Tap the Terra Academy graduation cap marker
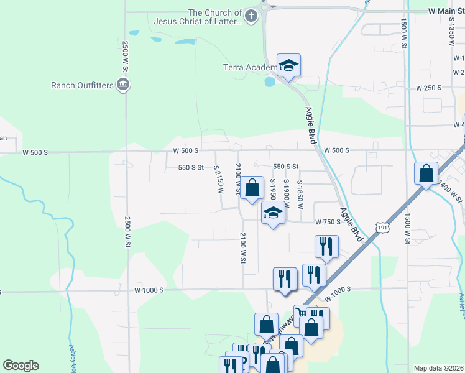pos(288,66)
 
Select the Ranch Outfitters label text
pos(83,85)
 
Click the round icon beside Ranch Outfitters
pos(123,85)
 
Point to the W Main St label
pos(447,11)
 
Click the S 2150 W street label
pos(218,180)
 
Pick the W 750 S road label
pos(327,222)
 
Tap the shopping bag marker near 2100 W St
pos(252,188)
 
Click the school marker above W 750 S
pos(272,213)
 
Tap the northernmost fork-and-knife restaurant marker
pos(326,246)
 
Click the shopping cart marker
pos(302,314)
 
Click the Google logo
pos(21,366)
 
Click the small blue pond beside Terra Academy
pos(270,81)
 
